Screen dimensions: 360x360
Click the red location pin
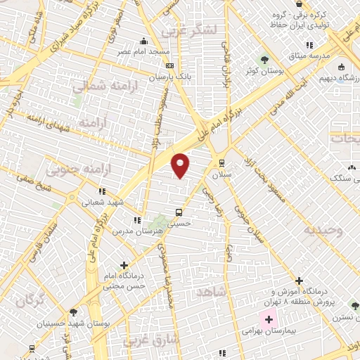pos(181,164)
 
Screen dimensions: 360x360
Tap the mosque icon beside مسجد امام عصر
pos(144,41)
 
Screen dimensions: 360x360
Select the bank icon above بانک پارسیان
pos(169,65)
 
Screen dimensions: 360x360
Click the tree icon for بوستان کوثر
pos(265,59)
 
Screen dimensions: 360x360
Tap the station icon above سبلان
pos(222,161)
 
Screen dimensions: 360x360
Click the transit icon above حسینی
pos(180,211)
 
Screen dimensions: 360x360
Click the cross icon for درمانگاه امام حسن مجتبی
pos(124,265)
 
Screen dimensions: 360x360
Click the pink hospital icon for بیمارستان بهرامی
pos(269,319)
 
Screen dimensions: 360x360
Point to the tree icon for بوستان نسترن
pos(354,305)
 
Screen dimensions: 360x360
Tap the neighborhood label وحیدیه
pos(323,230)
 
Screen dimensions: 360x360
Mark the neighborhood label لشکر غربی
pos(190,30)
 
